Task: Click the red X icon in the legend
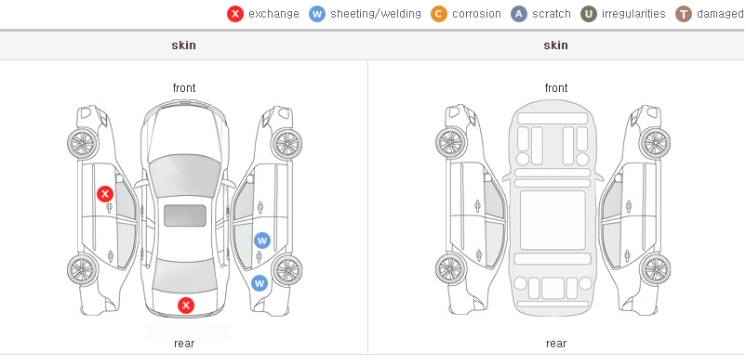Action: (235, 14)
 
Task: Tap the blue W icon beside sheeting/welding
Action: (317, 14)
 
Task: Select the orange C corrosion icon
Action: (439, 14)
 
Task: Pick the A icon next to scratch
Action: (519, 14)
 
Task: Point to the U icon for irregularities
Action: (589, 14)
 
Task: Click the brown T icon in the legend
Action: (683, 14)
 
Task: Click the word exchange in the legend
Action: (273, 14)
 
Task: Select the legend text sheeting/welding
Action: (376, 14)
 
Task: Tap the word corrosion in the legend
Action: (477, 14)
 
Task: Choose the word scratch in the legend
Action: (552, 14)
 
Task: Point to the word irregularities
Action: (633, 14)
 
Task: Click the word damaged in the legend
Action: (720, 14)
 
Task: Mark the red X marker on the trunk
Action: (186, 305)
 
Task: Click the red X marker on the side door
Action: (105, 194)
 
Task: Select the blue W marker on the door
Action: (262, 240)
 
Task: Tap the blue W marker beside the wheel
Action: (260, 283)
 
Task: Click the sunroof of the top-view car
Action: (185, 215)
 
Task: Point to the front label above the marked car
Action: (184, 88)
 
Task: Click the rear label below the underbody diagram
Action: (556, 344)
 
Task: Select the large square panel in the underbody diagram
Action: (553, 220)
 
